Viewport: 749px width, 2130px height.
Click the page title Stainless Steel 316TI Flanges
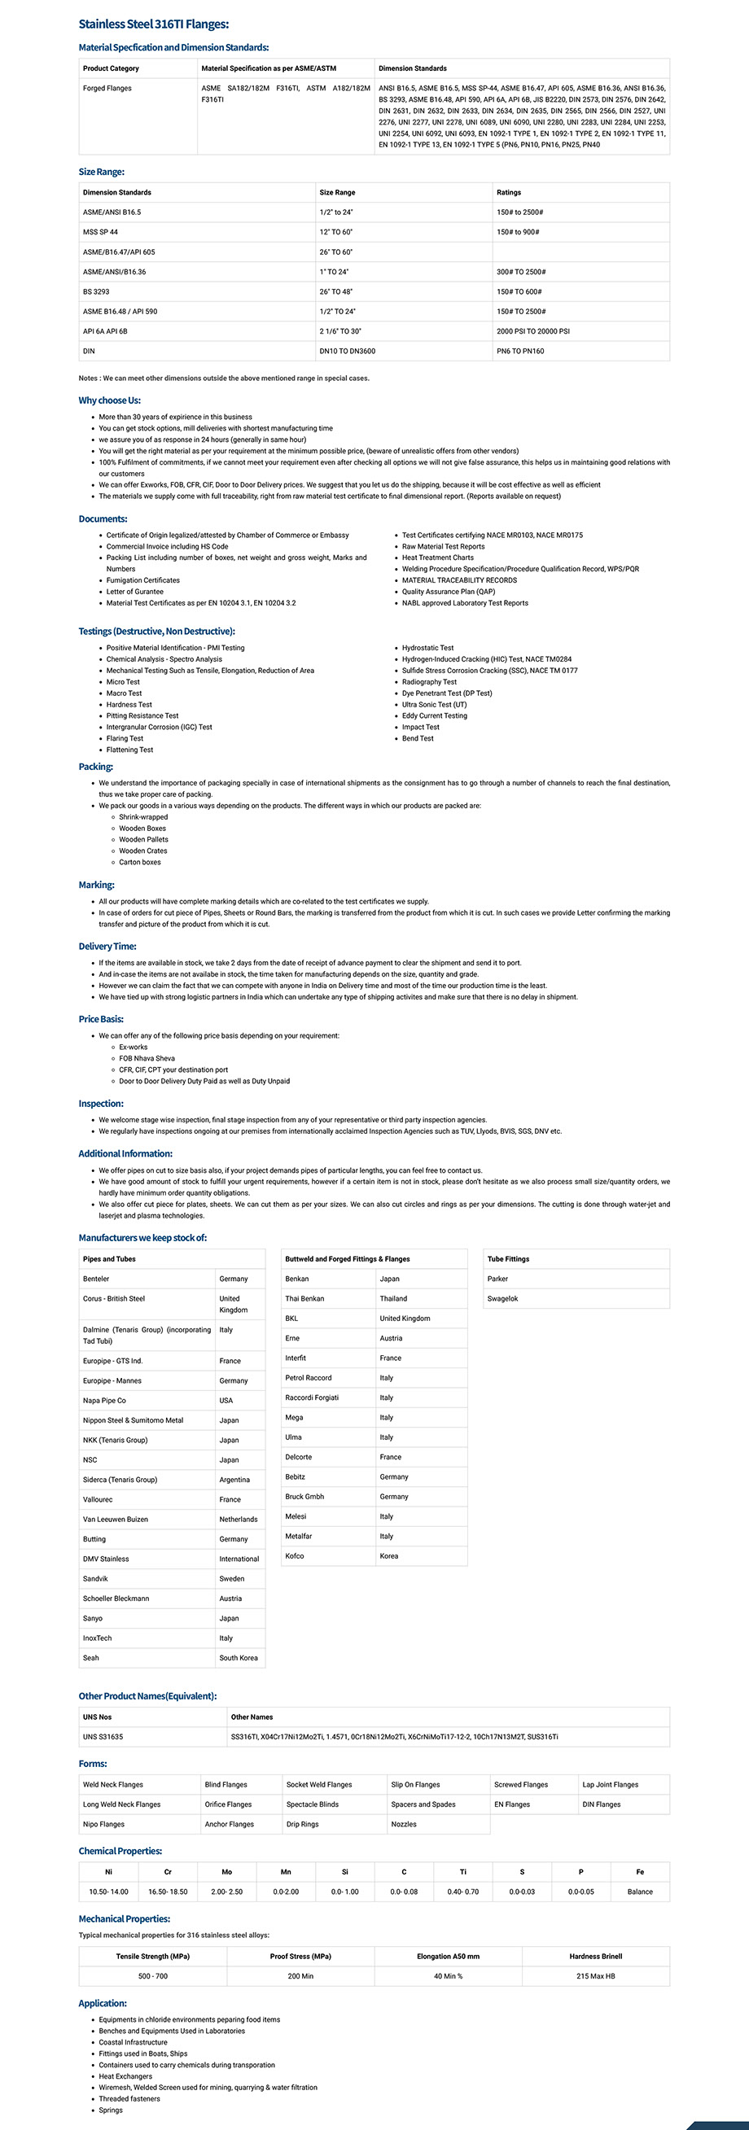point(154,24)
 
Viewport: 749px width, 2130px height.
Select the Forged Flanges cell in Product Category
point(107,89)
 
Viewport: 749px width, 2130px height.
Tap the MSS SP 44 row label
point(101,232)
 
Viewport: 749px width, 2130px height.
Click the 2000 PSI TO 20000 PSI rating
point(533,331)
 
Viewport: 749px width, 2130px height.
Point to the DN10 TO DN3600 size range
point(347,352)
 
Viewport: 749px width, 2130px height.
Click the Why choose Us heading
point(109,400)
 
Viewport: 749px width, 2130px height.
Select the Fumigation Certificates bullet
point(143,580)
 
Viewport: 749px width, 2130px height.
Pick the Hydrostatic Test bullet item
point(427,648)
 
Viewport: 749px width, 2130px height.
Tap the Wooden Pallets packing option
point(143,839)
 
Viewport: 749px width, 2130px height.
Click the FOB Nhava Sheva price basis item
point(147,1058)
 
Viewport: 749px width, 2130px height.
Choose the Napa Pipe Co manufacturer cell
point(105,1401)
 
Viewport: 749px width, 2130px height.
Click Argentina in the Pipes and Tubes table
point(234,1480)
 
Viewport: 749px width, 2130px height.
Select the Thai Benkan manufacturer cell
point(305,1299)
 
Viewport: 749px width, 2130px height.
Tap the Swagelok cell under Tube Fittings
point(503,1299)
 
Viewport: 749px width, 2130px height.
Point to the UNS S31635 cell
point(103,1737)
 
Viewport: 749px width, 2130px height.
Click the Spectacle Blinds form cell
point(313,1804)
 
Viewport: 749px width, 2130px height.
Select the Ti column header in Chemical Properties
point(463,1872)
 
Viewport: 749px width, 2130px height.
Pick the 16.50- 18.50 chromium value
point(168,1892)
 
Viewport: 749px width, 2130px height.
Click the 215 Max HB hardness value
point(595,1976)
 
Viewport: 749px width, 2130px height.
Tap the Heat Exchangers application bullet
point(125,2076)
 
